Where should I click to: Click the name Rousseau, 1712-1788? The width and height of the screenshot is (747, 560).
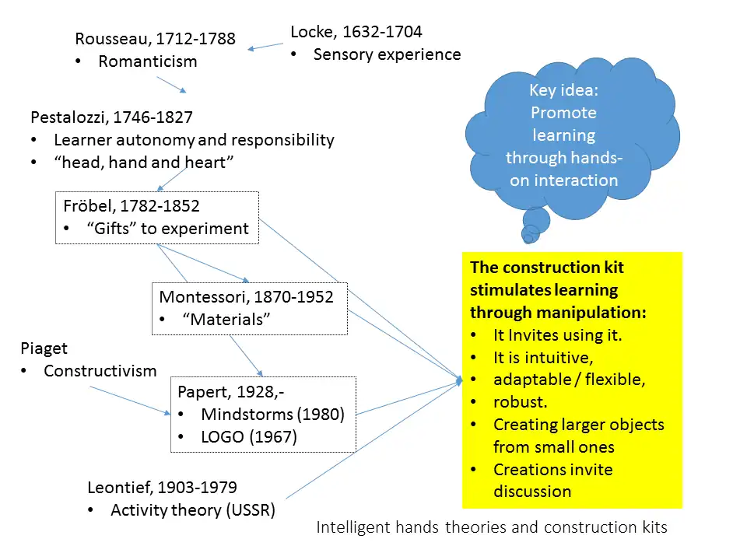coord(155,39)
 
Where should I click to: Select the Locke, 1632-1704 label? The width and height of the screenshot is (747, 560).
coord(356,32)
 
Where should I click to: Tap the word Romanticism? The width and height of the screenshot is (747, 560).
coord(148,61)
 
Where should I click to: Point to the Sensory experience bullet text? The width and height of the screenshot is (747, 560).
coord(387,54)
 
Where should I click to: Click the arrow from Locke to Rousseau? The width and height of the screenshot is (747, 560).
coord(266,47)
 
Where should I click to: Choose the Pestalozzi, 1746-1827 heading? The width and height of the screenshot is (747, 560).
coord(111,117)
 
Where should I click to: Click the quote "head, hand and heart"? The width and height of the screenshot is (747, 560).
coord(144,162)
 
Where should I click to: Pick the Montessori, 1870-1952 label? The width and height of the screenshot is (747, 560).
coord(246,296)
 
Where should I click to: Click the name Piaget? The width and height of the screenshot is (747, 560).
coord(44,348)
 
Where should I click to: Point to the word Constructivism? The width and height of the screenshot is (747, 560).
coord(100,371)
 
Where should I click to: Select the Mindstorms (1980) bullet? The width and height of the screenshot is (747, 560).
coord(272,415)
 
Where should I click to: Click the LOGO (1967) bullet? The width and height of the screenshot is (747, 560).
coord(249,437)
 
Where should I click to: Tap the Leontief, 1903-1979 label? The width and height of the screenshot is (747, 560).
coord(162,488)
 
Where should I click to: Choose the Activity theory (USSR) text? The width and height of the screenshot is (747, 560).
coord(193,511)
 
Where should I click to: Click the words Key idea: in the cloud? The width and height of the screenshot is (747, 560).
coord(563,90)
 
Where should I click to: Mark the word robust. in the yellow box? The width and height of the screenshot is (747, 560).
coord(521,403)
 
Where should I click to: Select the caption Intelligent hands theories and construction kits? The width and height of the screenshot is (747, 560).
coord(492,527)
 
